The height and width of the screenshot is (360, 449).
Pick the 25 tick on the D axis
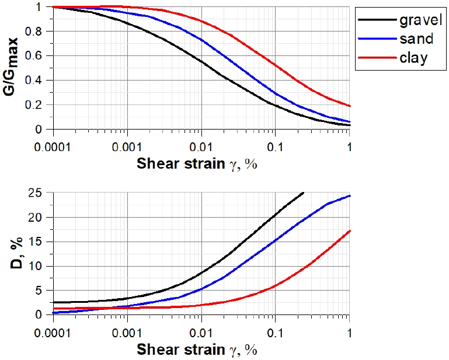(40, 193)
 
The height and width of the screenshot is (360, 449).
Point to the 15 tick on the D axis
(40, 242)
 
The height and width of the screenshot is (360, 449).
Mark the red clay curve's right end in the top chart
(349, 106)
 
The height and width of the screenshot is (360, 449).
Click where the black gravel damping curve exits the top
(303, 193)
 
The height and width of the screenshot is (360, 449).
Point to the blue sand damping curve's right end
(349, 195)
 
